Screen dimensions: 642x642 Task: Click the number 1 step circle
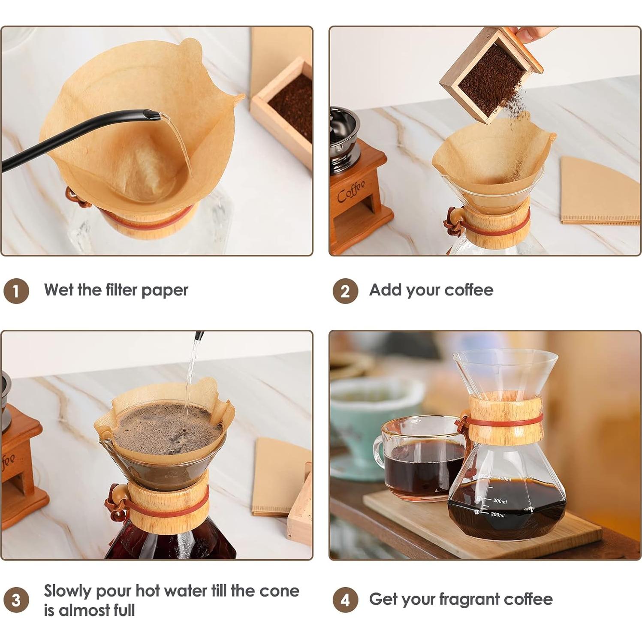point(16,291)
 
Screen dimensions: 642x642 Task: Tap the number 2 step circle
point(345,291)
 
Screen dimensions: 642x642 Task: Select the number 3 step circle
point(16,600)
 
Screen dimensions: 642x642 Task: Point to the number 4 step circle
point(345,600)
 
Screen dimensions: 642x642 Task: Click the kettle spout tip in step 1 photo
point(151,115)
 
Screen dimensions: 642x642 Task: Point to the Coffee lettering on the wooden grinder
point(351,191)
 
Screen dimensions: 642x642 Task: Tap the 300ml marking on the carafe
point(500,501)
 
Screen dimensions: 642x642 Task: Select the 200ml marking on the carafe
point(497,515)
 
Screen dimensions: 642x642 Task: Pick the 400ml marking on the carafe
point(504,479)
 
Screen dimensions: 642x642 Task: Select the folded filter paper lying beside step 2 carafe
point(600,193)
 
